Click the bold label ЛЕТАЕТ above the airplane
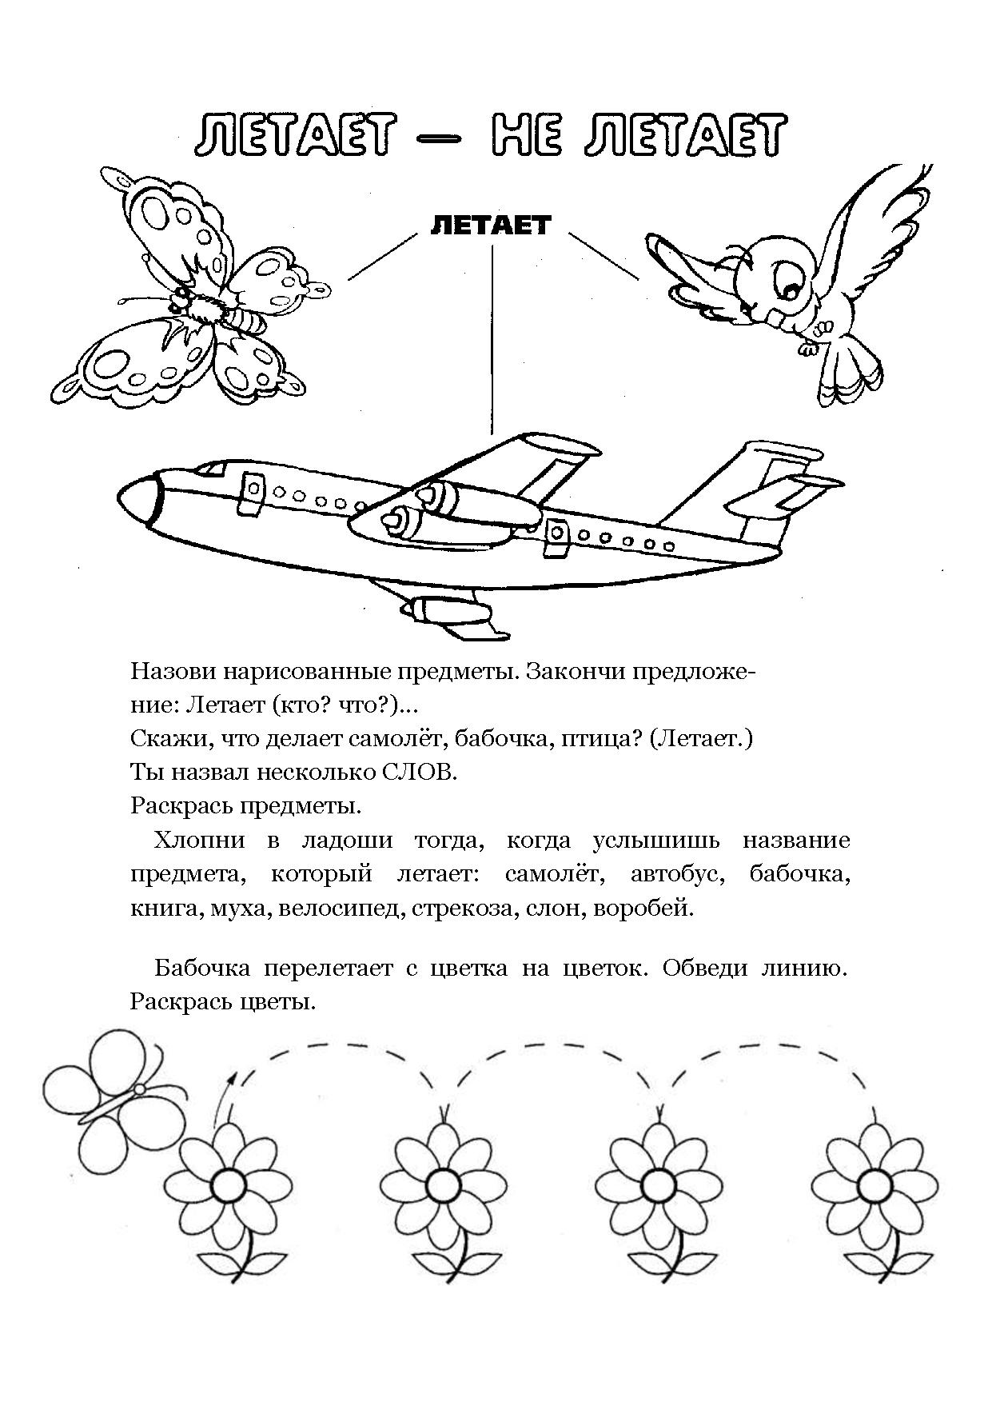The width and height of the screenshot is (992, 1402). click(x=491, y=225)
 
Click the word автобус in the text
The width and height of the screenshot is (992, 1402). click(x=677, y=874)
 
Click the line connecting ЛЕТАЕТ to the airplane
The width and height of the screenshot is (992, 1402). click(x=491, y=339)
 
